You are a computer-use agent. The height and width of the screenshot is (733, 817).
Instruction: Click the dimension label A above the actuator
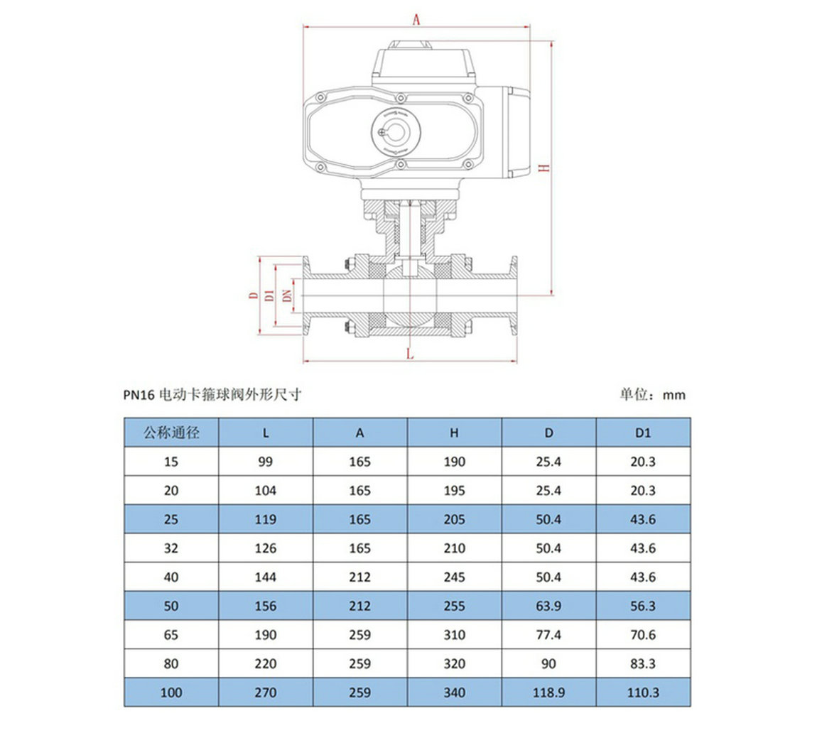coord(416,20)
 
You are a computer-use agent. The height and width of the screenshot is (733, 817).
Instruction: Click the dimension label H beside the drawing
coord(544,168)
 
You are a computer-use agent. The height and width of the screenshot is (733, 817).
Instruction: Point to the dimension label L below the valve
coord(410,354)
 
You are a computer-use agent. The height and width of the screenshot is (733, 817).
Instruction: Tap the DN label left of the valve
coord(287,295)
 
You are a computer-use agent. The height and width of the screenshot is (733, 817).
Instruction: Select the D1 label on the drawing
coord(269,295)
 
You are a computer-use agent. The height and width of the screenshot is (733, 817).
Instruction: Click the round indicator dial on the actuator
coord(396,132)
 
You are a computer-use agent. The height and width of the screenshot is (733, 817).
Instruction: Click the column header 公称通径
coord(171,433)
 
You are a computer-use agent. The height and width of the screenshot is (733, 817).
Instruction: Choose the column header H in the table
coord(455,433)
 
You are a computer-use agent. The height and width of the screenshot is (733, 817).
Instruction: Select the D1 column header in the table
coord(643,433)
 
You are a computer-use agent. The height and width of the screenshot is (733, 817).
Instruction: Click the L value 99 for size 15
coord(265,462)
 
